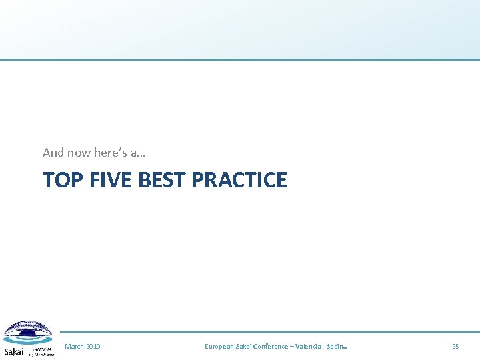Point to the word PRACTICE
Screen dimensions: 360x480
point(239,180)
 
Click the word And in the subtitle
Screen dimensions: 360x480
point(53,153)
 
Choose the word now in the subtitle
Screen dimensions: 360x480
point(79,153)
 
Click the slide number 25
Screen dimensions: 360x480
point(455,347)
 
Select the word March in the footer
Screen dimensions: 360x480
point(74,347)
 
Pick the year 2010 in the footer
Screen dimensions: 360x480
point(93,347)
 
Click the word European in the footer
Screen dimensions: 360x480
point(219,347)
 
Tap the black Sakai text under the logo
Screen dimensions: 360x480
point(13,351)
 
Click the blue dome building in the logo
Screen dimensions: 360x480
point(27,330)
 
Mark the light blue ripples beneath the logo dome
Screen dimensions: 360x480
point(28,341)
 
